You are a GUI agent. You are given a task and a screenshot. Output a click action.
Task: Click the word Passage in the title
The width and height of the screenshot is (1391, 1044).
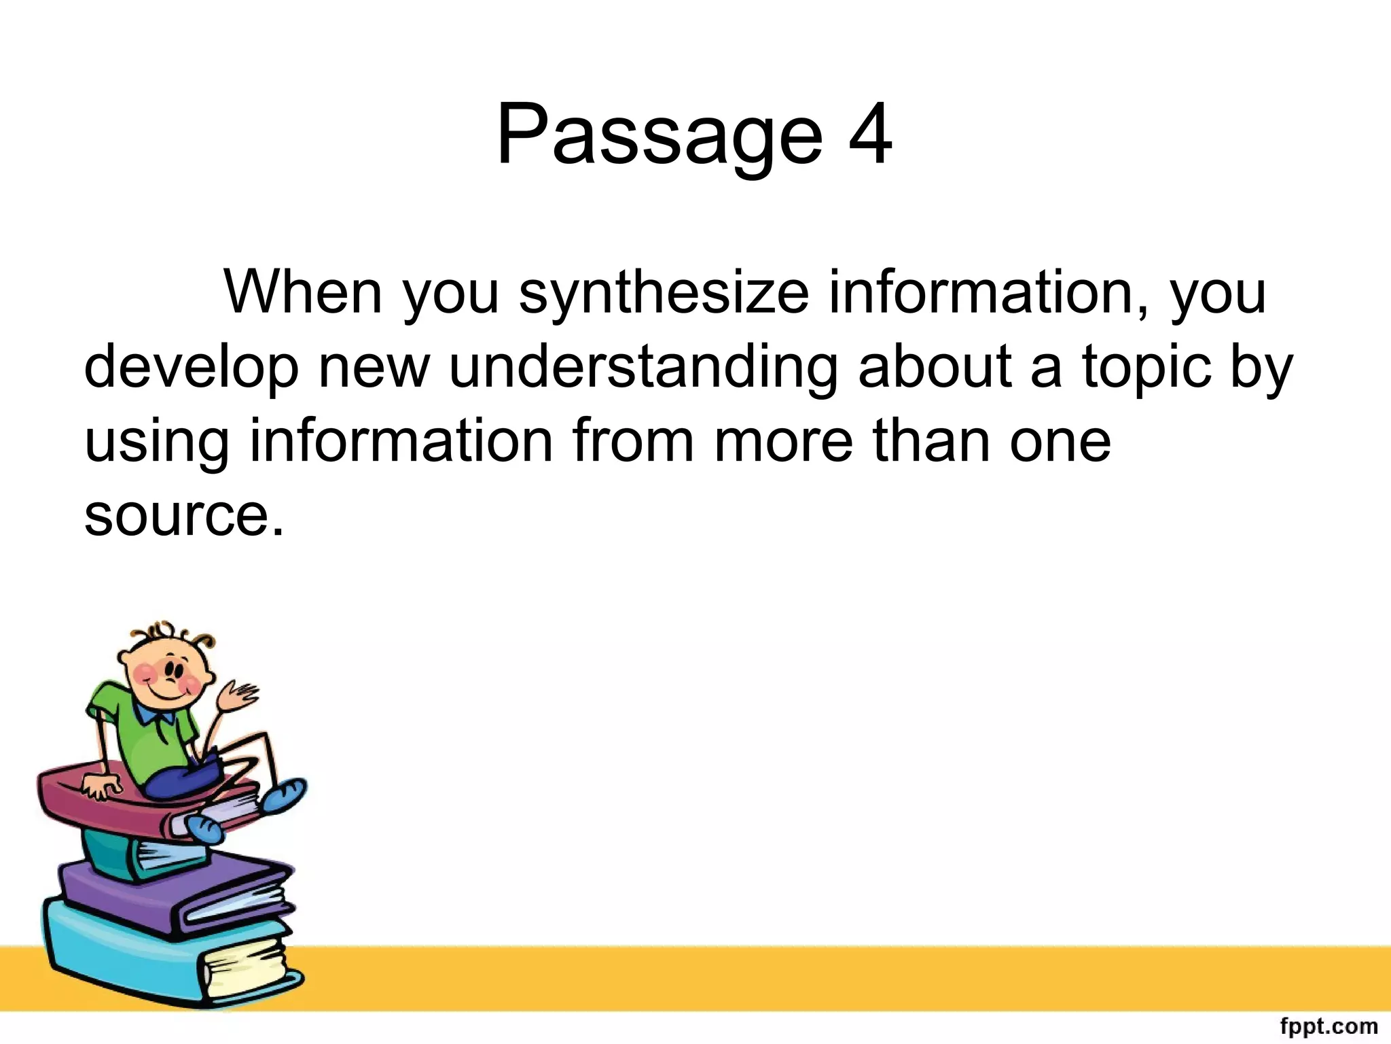point(660,135)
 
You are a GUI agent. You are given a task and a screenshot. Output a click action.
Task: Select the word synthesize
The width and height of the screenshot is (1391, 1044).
point(664,294)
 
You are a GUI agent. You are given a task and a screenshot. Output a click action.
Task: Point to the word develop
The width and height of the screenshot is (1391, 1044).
point(191,368)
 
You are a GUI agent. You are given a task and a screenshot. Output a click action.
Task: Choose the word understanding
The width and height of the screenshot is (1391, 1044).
point(643,367)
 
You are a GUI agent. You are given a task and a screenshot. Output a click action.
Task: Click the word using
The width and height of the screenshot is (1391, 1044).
point(157,442)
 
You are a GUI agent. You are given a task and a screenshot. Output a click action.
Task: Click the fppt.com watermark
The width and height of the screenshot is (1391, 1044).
point(1328,1026)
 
